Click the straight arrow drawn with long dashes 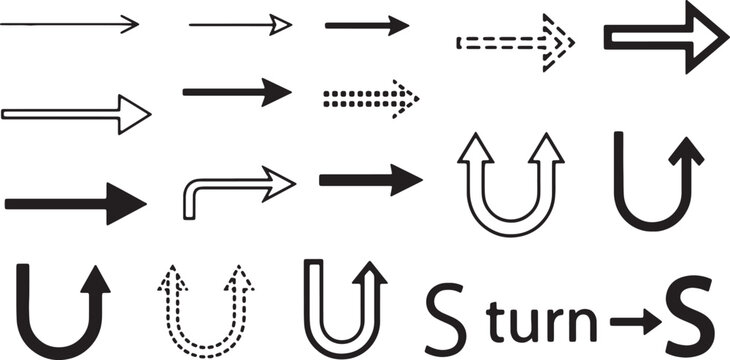tap(515, 42)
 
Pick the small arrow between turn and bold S tap(633, 321)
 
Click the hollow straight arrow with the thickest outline tap(665, 36)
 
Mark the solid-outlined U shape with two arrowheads tap(506, 190)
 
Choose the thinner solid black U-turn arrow tap(657, 180)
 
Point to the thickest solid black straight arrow tap(75, 203)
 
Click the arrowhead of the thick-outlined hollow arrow tap(703, 36)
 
